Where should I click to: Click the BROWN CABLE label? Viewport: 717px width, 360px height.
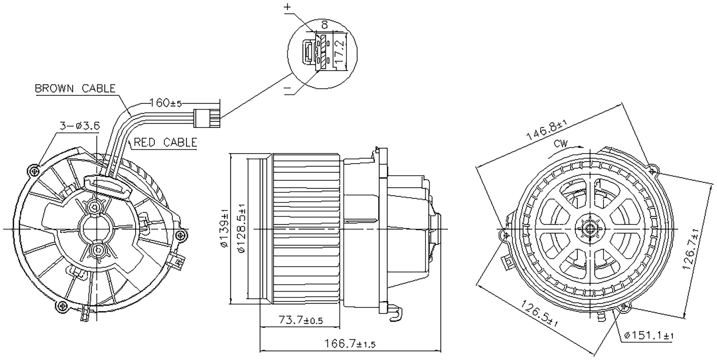point(75,88)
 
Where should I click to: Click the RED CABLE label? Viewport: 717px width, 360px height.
point(165,142)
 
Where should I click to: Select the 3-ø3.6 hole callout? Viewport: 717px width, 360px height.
point(79,126)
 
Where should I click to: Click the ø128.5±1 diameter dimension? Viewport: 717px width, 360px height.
point(241,228)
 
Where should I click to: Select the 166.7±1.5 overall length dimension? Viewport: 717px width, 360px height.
point(350,343)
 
